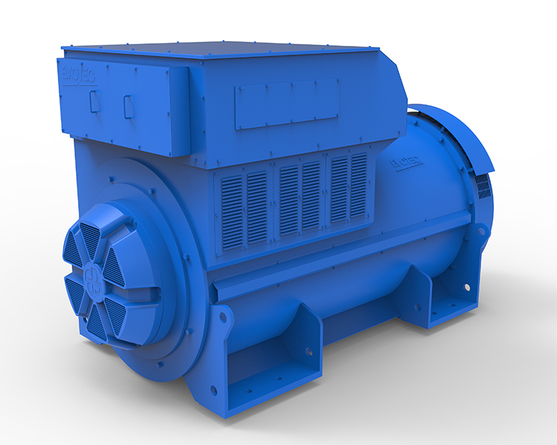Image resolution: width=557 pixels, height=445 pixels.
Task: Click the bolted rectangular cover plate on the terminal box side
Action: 286,104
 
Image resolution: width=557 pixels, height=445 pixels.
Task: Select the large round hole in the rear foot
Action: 465,286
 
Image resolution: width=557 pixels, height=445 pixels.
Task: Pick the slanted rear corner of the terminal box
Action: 397,76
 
